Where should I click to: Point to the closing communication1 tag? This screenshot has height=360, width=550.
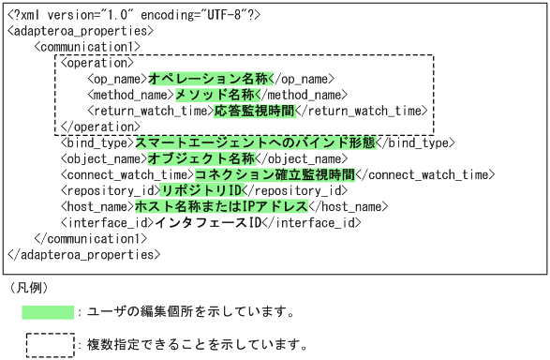tap(90, 238)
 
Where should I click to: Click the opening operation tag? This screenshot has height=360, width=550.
tap(93, 62)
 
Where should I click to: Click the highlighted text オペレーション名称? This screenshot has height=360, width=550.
tap(209, 79)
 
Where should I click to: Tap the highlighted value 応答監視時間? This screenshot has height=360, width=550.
tap(254, 111)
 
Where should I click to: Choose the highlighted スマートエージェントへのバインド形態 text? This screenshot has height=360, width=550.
tap(254, 142)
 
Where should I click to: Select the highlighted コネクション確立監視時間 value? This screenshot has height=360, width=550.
tap(275, 174)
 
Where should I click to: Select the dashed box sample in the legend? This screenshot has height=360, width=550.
tap(49, 344)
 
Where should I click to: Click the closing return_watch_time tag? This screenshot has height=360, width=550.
tap(361, 111)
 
